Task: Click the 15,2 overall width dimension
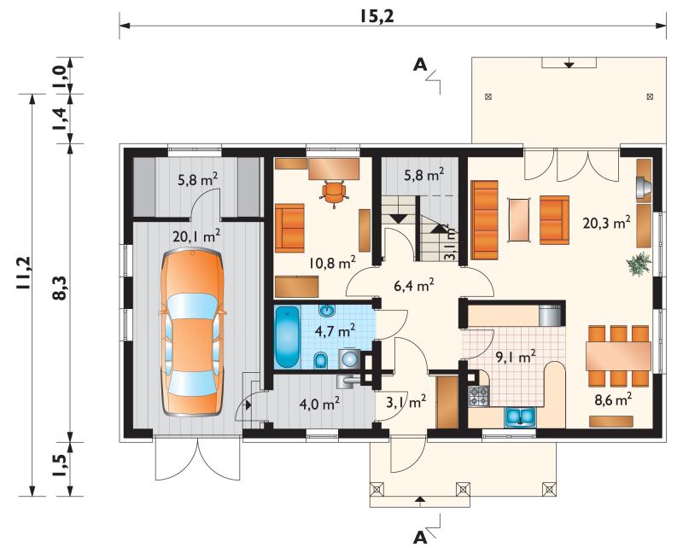377,16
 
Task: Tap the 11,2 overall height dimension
24,274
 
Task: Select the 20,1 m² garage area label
196,236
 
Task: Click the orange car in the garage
192,333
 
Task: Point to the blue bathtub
287,337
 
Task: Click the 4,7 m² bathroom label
335,330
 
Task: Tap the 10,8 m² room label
332,262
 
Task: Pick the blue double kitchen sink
520,416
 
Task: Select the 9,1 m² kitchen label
517,357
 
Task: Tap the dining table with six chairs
618,356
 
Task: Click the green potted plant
639,264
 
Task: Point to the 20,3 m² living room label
607,223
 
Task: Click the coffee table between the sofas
520,219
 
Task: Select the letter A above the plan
420,65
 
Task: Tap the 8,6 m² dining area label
613,399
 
